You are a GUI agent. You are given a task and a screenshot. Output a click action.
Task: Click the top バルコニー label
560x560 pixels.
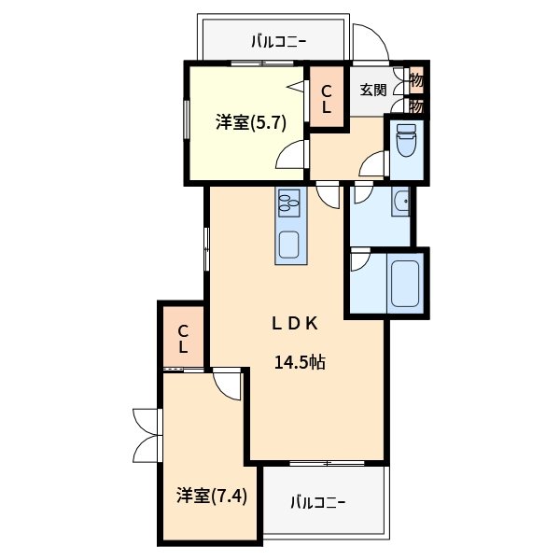point(278,41)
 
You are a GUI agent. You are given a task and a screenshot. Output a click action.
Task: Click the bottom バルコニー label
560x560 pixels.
point(316,502)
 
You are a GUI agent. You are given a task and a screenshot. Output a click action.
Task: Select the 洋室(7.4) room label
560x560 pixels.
point(212,496)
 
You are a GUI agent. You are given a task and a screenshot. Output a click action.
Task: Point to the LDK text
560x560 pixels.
point(297,324)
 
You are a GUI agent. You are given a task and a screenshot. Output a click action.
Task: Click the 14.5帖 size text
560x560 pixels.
point(299,363)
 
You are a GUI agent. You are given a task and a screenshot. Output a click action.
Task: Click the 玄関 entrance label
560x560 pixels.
point(373,90)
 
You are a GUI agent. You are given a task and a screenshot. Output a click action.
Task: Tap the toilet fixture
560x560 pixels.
point(406,142)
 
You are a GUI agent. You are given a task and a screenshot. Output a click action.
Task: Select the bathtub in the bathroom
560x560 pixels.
point(404,284)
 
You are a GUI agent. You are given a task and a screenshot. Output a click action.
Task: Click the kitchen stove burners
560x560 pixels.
point(288,203)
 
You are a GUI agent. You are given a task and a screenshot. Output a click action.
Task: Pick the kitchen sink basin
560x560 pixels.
point(288,247)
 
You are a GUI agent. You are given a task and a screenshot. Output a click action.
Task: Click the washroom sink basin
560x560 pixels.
point(400,202)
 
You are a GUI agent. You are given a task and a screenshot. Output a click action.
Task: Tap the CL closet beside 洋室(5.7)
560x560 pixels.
point(327,98)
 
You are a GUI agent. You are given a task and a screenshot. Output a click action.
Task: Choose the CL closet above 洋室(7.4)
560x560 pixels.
point(183,338)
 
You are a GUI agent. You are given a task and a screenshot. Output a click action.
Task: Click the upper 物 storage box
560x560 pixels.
point(416,78)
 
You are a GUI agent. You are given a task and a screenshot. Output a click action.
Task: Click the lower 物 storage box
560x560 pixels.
point(416,105)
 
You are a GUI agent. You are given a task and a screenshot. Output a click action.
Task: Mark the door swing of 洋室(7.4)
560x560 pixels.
point(227,384)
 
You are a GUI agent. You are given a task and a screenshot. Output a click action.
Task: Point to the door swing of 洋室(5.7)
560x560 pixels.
point(293,155)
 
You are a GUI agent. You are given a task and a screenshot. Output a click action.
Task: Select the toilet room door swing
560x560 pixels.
point(373,165)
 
